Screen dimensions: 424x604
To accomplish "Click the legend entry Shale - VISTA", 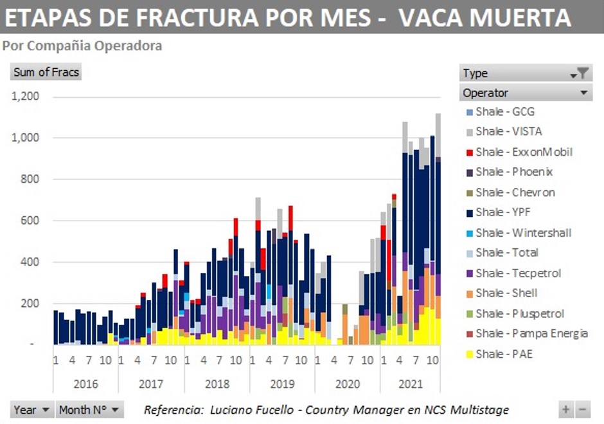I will tap(508, 131).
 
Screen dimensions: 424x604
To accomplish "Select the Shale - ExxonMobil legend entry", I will tap(524, 152).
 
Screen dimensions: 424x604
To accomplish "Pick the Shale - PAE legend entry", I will tap(504, 354).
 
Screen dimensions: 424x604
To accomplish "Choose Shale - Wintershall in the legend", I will tap(523, 232).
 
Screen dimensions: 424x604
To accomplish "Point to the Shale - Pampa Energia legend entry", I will tap(531, 333).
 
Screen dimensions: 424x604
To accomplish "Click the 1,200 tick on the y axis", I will tap(26, 97).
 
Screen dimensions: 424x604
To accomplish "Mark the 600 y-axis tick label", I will tap(30, 221).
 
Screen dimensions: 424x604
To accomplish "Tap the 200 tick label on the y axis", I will tap(30, 303).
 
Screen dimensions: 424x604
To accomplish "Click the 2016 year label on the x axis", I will tap(85, 384).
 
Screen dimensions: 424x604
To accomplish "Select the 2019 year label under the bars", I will tap(281, 384).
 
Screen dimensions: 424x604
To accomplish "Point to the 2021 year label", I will tap(411, 384).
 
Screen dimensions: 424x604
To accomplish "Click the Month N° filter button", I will tap(89, 410).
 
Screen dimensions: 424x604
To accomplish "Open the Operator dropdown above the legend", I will tap(526, 93).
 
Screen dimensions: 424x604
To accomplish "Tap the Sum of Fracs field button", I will tap(46, 72).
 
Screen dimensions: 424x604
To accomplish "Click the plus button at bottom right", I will tap(566, 410).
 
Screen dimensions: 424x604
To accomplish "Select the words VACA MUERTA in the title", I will tap(484, 17).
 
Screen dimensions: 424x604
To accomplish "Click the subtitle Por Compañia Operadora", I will tap(82, 46).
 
